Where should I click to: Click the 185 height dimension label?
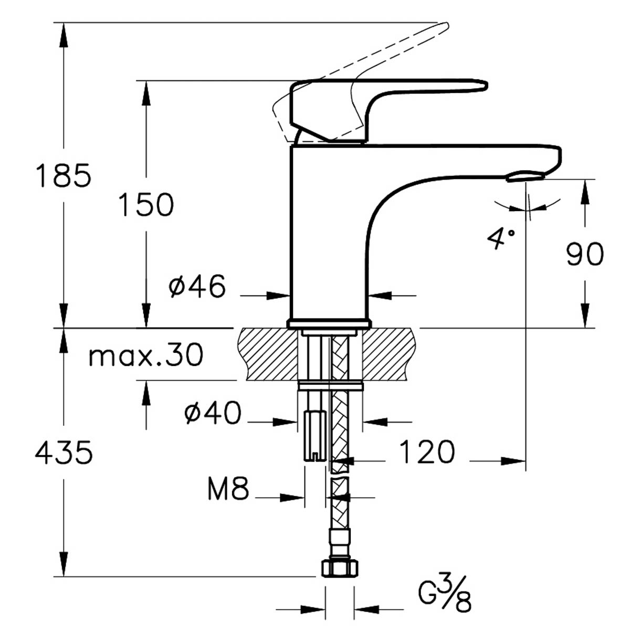[x=64, y=175]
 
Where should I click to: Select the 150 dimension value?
[x=146, y=204]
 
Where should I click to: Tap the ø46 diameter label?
[x=197, y=286]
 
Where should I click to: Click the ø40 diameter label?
[x=213, y=413]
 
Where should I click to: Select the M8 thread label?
[x=228, y=489]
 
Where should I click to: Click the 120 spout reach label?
[x=427, y=452]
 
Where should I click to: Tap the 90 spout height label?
[x=584, y=254]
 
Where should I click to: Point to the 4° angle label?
[x=500, y=239]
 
